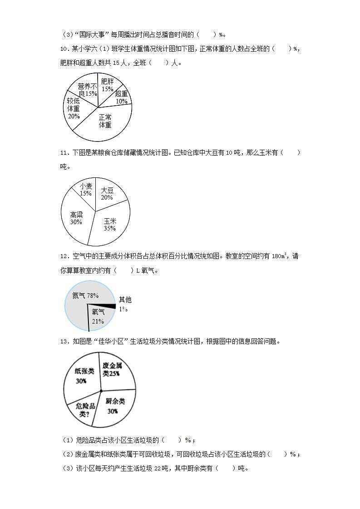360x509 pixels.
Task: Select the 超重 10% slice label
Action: (x=121, y=97)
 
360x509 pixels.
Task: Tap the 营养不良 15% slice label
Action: (x=88, y=89)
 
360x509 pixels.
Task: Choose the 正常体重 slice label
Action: (x=105, y=121)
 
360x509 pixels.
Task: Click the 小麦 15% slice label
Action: (x=86, y=190)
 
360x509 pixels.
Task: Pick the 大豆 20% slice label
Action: (x=107, y=194)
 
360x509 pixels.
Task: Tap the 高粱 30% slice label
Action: (x=76, y=218)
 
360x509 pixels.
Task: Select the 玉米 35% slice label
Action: (x=110, y=224)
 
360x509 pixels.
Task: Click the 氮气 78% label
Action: (x=85, y=295)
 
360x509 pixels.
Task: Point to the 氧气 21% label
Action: (x=98, y=316)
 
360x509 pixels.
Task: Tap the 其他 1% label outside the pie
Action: (x=125, y=303)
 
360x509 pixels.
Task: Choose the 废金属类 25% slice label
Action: (x=112, y=369)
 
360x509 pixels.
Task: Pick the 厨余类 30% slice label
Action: (x=114, y=406)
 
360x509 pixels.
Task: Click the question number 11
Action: (x=64, y=153)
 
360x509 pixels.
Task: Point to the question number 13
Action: (x=64, y=341)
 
